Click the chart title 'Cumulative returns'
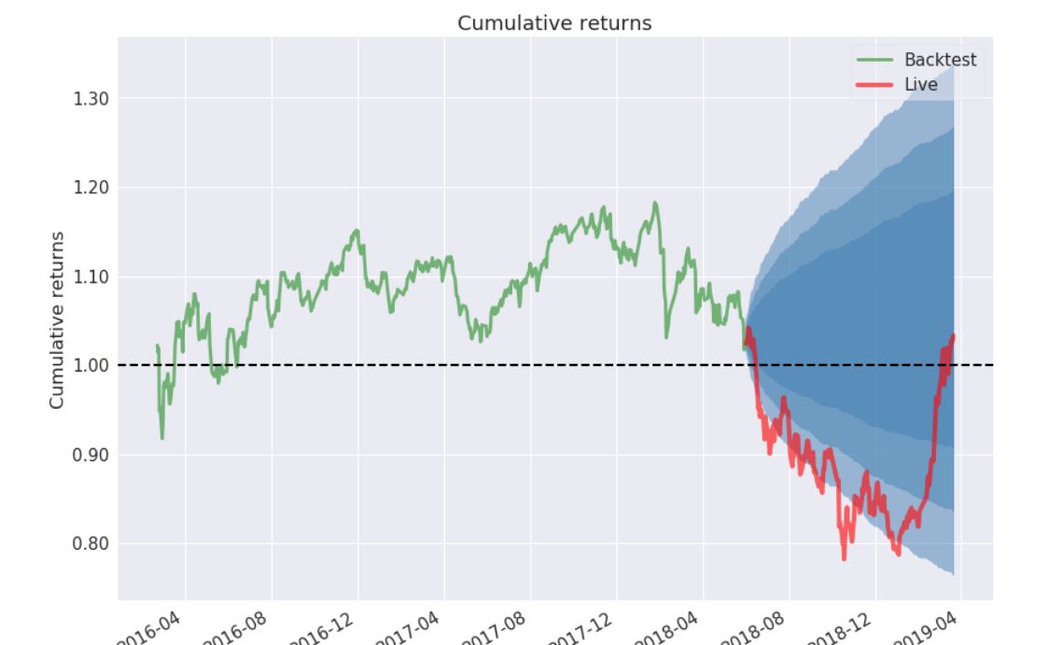pos(554,23)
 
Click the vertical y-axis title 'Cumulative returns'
pos(57,320)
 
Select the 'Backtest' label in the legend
pos(940,60)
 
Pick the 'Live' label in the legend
pos(920,85)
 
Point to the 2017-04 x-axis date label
pos(409,627)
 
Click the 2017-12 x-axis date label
pos(581,627)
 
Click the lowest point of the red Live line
pos(844,558)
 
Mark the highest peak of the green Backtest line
pos(655,203)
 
